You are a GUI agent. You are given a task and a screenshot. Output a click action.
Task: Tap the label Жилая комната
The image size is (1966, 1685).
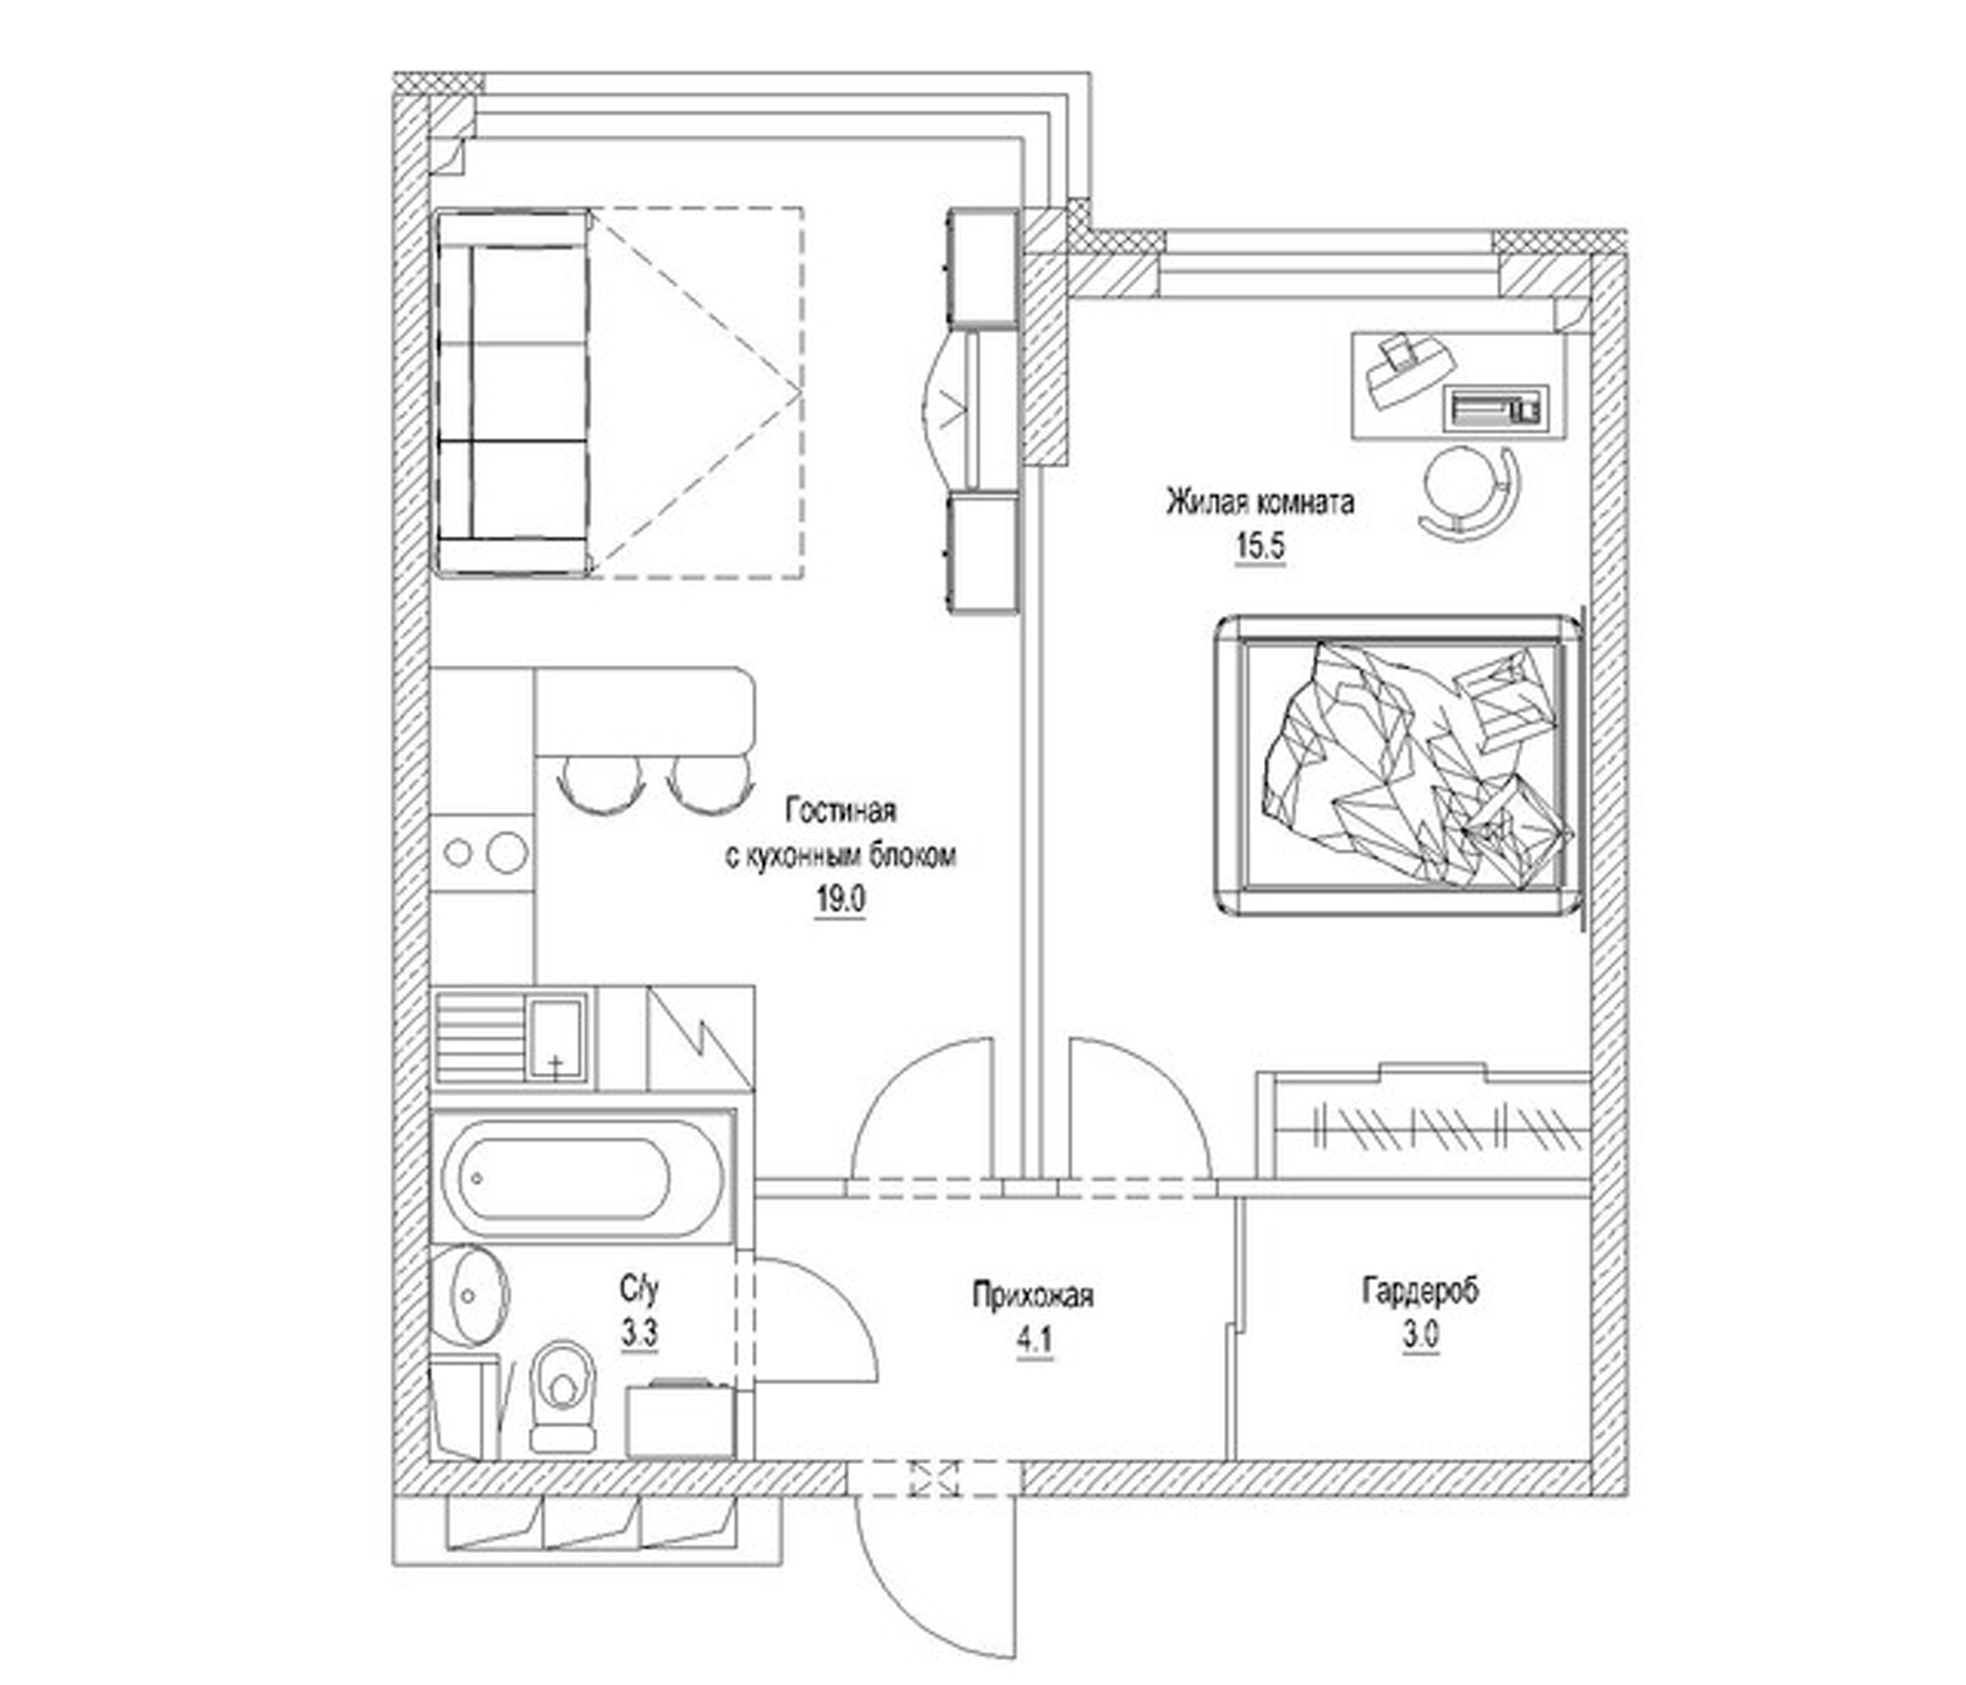coord(1259,502)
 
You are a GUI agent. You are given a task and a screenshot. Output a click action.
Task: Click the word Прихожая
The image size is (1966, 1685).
coord(1033,1295)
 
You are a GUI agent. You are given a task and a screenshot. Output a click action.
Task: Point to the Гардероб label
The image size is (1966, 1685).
coord(1419,1291)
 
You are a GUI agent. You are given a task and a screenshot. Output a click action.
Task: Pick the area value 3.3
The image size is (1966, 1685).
coord(639,1334)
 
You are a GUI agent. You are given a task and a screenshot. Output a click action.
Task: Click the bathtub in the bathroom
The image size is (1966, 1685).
coord(569,1178)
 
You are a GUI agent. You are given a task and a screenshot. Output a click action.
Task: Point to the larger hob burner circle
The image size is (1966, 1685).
coord(506,852)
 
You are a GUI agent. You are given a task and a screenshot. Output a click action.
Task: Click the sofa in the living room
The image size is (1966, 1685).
coord(512,392)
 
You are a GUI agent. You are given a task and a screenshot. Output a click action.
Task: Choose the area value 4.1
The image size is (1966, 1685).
coord(1034,1341)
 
